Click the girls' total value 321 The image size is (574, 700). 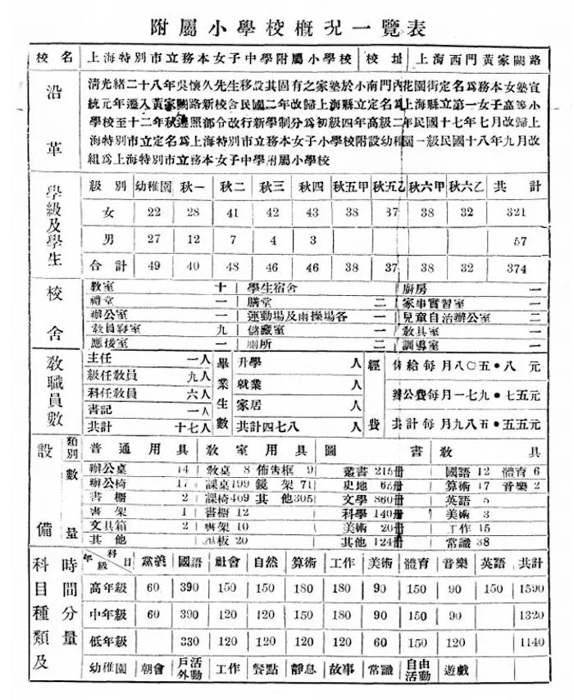tap(516, 211)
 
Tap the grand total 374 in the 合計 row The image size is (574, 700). tap(516, 268)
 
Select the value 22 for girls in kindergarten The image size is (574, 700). tap(153, 211)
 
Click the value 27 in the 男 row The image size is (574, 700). tap(153, 240)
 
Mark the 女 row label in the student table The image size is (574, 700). tap(107, 211)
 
